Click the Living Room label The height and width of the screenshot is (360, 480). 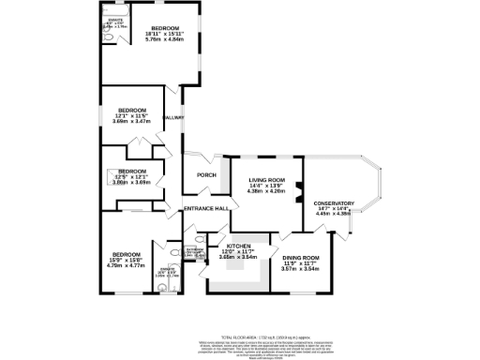pyautogui.click(x=266, y=179)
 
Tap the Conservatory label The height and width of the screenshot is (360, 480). pyautogui.click(x=334, y=203)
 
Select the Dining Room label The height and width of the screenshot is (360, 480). pyautogui.click(x=301, y=258)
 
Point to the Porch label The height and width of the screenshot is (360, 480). pyautogui.click(x=206, y=175)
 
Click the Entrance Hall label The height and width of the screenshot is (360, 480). pyautogui.click(x=206, y=208)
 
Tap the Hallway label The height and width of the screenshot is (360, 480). pyautogui.click(x=173, y=117)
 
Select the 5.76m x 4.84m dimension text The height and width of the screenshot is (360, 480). pyautogui.click(x=165, y=40)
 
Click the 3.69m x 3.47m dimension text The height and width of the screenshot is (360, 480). pyautogui.click(x=131, y=122)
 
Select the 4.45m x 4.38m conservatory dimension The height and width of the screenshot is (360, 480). pyautogui.click(x=334, y=214)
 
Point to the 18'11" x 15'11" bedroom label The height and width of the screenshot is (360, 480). pyautogui.click(x=165, y=34)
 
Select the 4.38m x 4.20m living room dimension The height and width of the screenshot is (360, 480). pyautogui.click(x=266, y=190)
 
